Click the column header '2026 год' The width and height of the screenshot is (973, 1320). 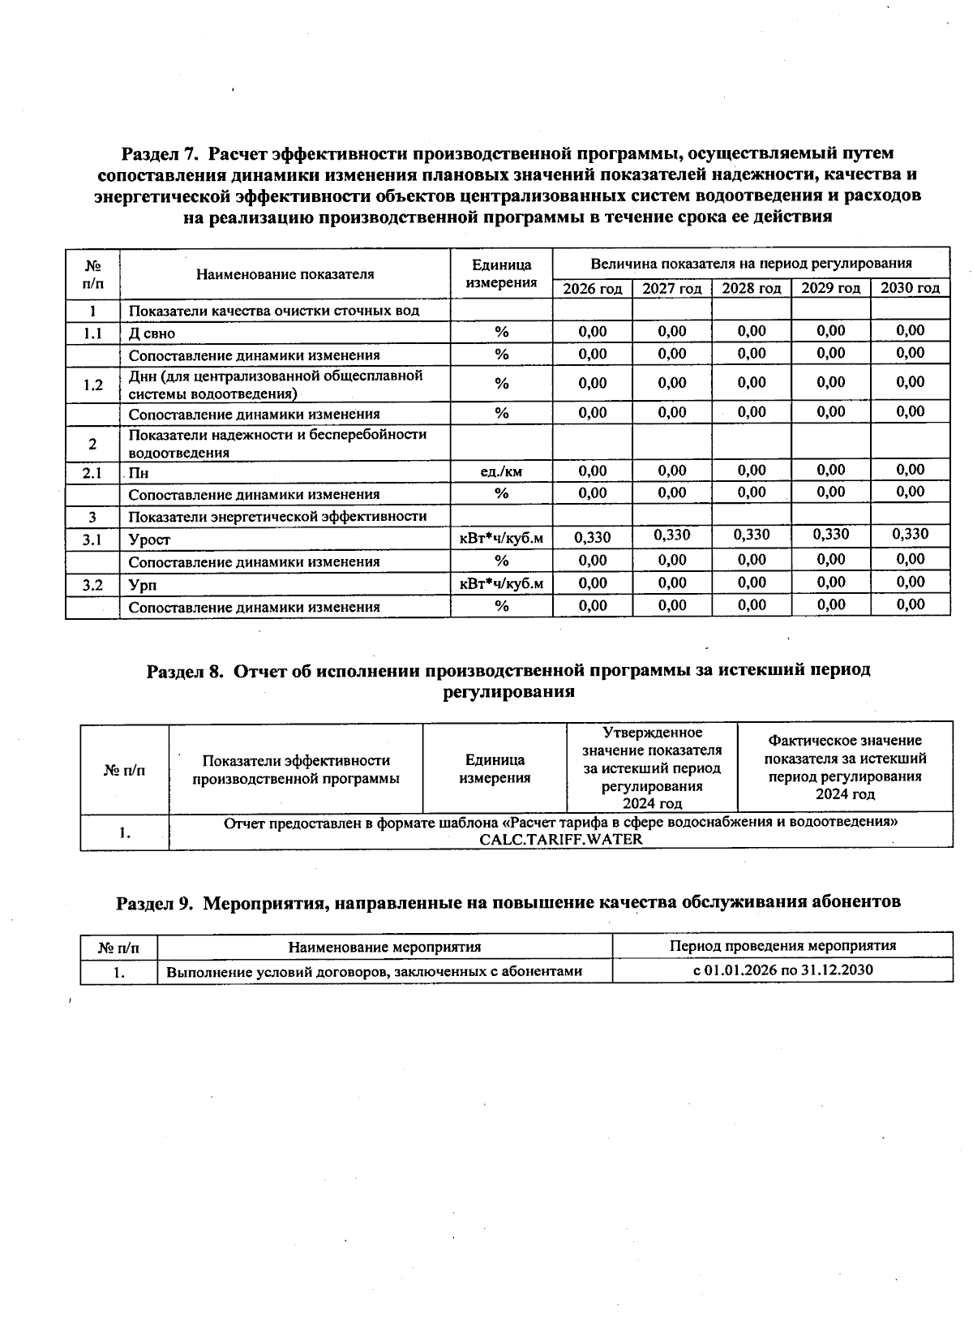(593, 289)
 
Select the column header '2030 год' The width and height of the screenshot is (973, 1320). (910, 288)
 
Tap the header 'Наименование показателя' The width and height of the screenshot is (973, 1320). (285, 274)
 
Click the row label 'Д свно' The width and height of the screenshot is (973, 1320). (152, 333)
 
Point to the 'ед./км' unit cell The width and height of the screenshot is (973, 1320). (501, 471)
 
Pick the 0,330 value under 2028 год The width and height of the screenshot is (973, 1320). (752, 535)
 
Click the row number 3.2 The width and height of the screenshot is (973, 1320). (92, 584)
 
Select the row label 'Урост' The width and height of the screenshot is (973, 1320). (149, 540)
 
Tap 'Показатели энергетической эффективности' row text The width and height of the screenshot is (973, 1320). (277, 517)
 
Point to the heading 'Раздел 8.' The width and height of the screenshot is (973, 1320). (184, 671)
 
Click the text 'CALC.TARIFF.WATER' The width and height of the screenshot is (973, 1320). (560, 840)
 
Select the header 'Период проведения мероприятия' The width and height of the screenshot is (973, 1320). (782, 946)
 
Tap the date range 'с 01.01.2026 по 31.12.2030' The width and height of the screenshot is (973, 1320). (782, 970)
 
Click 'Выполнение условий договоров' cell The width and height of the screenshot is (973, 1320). (374, 971)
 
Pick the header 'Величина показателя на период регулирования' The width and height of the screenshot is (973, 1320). (751, 264)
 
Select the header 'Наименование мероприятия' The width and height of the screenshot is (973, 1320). (384, 947)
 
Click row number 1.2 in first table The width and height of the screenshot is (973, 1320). (92, 385)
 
